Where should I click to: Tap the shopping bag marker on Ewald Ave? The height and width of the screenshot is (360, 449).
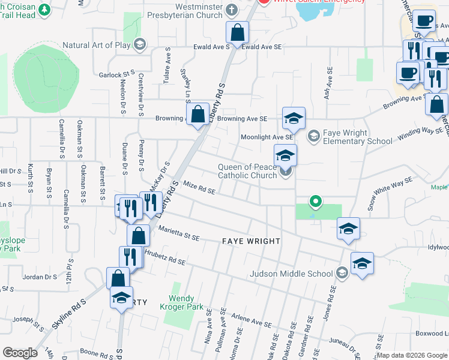point(238,33)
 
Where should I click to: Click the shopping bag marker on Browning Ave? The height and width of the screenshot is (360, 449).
point(197,115)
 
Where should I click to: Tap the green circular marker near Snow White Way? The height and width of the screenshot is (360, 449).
point(314,201)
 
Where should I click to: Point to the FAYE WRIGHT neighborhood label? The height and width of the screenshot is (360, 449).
point(251,241)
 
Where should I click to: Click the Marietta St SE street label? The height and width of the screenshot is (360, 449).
point(178,233)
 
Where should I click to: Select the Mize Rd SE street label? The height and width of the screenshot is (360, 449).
point(199,188)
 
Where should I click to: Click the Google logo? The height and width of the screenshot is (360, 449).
point(20,353)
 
